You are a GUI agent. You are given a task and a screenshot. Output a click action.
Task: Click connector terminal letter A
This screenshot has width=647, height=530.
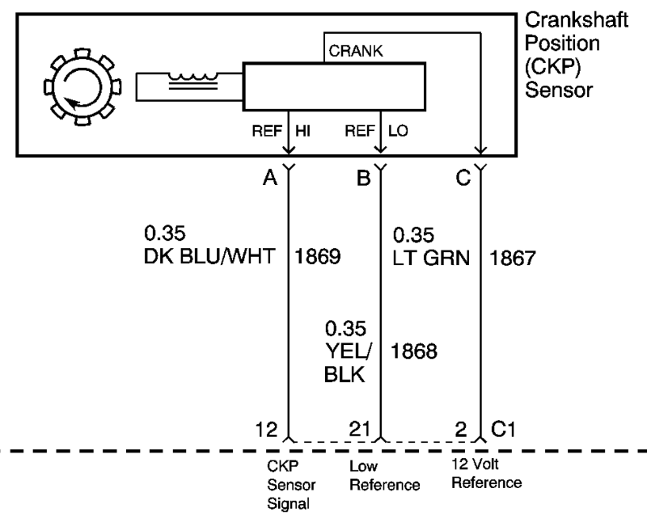tap(270, 178)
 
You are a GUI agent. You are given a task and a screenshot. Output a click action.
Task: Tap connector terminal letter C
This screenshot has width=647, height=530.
tap(463, 178)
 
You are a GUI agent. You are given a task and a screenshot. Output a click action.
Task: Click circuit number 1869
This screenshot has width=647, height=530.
tap(317, 258)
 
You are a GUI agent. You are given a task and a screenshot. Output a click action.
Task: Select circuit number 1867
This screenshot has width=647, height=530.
tap(513, 258)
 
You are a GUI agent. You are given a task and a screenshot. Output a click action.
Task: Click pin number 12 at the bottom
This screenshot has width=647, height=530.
tap(268, 429)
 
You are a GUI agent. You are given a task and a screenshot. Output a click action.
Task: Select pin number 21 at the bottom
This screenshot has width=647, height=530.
tap(361, 429)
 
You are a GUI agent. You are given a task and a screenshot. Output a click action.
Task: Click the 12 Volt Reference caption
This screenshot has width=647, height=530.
tap(486, 475)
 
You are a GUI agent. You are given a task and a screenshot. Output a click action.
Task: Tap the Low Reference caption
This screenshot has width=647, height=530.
tap(384, 476)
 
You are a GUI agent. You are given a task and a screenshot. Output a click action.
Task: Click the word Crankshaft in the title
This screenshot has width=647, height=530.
tap(576, 21)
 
